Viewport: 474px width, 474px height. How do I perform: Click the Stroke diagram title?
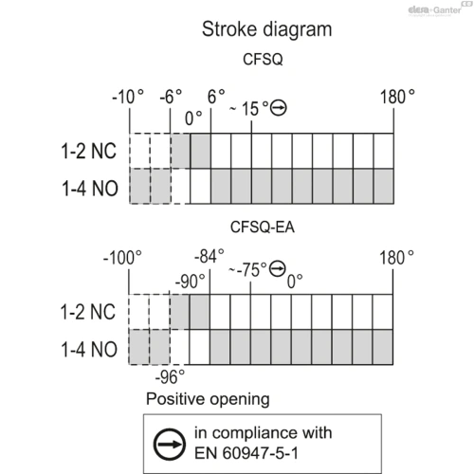(266, 29)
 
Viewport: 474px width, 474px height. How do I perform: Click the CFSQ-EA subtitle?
(263, 227)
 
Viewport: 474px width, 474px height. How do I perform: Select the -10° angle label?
(128, 97)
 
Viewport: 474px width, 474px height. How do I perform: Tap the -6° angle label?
(171, 97)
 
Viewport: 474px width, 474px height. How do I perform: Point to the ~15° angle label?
(249, 109)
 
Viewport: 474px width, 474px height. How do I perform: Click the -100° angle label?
(122, 258)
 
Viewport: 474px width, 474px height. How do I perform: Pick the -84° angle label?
(210, 256)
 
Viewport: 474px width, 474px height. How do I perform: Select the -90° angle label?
(190, 282)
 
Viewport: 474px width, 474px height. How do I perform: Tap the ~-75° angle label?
(247, 270)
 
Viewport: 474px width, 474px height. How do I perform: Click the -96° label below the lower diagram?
(170, 376)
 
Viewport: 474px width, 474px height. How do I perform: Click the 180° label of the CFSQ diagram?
(397, 97)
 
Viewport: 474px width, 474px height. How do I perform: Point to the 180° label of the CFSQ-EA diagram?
(396, 258)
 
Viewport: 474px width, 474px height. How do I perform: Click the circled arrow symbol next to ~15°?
(279, 108)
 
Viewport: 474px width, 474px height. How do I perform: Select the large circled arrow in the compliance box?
(170, 445)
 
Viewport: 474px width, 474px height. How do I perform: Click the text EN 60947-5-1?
(246, 453)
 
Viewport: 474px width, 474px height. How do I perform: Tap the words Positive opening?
(208, 399)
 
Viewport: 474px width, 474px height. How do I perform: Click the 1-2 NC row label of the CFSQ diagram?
(88, 151)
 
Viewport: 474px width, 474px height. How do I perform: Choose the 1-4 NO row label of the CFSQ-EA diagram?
(89, 350)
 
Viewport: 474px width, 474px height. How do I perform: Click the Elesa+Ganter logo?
(434, 10)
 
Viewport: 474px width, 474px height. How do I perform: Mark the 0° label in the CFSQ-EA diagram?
(295, 282)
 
